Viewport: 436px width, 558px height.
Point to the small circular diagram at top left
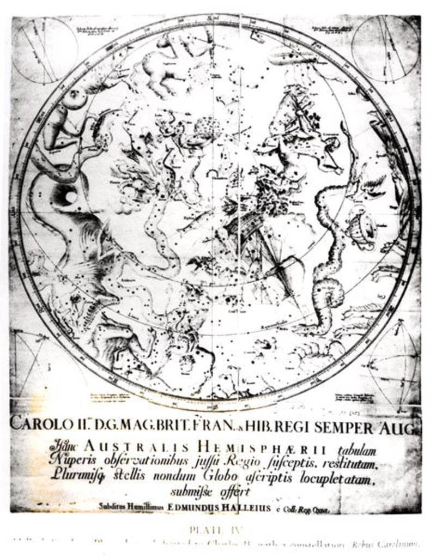pos(44,50)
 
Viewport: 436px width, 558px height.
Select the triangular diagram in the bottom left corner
pos(33,362)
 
